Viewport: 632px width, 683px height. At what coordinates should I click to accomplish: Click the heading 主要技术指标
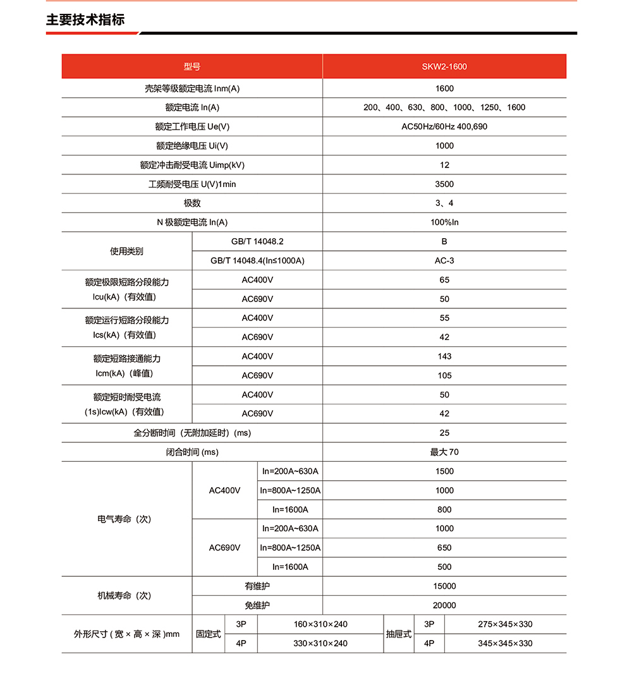point(85,20)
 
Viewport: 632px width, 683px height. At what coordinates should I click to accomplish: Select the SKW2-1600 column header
point(444,66)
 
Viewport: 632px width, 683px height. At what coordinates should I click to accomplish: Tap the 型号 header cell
point(192,66)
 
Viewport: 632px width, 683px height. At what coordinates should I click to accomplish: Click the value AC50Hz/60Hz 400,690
point(444,126)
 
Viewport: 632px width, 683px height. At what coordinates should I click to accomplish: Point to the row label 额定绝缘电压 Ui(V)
point(192,146)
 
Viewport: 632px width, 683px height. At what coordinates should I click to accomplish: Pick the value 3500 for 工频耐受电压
point(444,184)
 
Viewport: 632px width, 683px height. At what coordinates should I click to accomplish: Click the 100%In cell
point(444,222)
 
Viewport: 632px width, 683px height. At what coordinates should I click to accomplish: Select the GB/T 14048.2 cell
point(257,241)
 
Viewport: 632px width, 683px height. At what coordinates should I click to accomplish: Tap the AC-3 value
point(444,261)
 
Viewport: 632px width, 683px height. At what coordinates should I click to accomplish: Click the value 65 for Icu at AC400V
point(444,280)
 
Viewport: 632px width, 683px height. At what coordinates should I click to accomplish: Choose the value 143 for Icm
point(444,356)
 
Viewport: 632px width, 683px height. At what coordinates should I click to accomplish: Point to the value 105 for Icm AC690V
point(444,375)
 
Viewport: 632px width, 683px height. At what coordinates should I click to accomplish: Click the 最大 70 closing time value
point(444,452)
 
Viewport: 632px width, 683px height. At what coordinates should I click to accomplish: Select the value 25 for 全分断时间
point(444,433)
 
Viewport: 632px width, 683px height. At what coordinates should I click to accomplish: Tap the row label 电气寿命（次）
point(125,519)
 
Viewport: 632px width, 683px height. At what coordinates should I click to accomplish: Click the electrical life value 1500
point(444,471)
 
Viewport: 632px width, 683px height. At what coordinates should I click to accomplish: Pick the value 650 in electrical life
point(444,548)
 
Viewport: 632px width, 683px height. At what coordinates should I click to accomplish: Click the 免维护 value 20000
point(444,605)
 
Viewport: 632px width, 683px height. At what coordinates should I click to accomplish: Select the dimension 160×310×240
point(320,624)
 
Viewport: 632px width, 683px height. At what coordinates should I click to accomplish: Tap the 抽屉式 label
point(399,634)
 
